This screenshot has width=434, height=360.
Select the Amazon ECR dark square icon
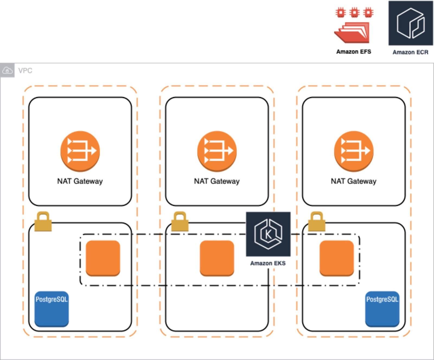click(411, 23)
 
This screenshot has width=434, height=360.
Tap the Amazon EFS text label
click(354, 52)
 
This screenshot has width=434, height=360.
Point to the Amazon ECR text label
click(410, 52)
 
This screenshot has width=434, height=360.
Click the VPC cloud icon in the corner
click(7, 71)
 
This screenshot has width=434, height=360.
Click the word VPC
click(25, 71)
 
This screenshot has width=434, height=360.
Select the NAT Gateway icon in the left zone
click(80, 151)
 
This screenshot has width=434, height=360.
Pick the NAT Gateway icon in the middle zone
click(217, 151)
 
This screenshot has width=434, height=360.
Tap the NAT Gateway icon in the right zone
click(354, 151)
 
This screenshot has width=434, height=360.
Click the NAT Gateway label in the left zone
click(80, 181)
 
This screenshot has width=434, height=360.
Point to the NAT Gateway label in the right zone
click(354, 181)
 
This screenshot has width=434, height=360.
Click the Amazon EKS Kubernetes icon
click(268, 234)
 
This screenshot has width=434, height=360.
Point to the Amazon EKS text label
click(268, 263)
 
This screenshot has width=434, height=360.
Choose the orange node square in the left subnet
click(103, 258)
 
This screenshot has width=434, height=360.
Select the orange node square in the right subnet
click(337, 258)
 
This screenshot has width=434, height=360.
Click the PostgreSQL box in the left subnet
click(52, 309)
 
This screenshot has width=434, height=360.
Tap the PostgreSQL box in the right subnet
click(382, 309)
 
